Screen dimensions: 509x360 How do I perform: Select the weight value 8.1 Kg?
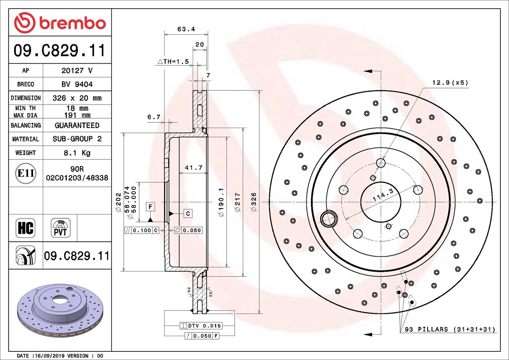pyautogui.click(x=77, y=153)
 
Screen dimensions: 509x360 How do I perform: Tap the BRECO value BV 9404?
pyautogui.click(x=77, y=84)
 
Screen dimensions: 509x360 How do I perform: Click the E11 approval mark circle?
pyautogui.click(x=26, y=173)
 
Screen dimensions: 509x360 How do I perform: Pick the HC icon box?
pyautogui.click(x=25, y=228)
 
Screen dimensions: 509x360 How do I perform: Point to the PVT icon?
pyautogui.click(x=60, y=228)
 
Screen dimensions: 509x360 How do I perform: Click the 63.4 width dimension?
pyautogui.click(x=186, y=29)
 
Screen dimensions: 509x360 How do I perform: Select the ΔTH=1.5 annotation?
pyautogui.click(x=173, y=61)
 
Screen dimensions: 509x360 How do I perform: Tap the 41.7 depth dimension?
pyautogui.click(x=193, y=168)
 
